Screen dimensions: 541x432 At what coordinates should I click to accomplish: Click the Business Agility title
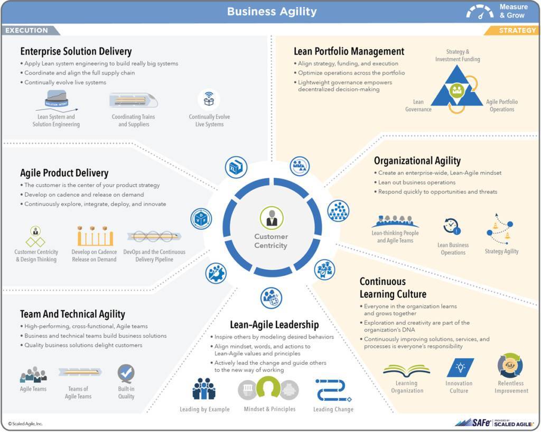[272, 12]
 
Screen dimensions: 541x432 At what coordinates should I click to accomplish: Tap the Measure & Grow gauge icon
[480, 12]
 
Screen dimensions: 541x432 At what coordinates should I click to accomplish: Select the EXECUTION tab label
[26, 30]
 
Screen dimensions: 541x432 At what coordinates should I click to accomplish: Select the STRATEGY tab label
[517, 30]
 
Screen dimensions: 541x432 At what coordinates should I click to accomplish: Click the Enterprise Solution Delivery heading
[76, 51]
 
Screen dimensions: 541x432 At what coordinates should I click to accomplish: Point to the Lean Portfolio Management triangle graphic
[457, 89]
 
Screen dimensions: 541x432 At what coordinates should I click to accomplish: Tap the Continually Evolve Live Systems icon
[209, 99]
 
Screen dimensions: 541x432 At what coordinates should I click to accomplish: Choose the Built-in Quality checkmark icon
[126, 373]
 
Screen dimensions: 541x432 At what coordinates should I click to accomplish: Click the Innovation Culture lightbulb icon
[460, 367]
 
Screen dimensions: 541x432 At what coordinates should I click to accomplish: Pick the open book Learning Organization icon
[406, 370]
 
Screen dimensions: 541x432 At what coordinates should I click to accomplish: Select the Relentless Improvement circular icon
[510, 365]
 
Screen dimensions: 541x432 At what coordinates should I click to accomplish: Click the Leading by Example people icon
[204, 389]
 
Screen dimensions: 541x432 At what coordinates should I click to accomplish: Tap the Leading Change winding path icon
[333, 390]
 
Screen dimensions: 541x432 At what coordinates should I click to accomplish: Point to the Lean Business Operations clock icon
[452, 226]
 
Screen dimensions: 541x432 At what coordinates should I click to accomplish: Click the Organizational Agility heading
[417, 161]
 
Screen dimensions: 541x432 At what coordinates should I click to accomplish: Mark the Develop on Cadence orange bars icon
[95, 236]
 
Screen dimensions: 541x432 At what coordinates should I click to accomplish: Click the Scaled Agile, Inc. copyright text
[25, 424]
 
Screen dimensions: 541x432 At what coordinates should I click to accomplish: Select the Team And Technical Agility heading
[72, 314]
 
